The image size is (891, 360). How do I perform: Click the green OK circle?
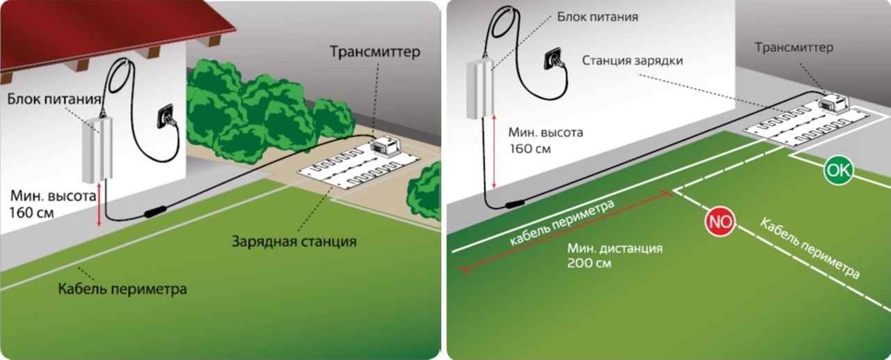point(839,171)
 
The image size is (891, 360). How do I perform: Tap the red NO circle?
point(720,222)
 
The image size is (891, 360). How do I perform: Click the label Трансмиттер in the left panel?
point(374,52)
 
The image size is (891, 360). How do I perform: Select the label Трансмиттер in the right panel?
point(794,47)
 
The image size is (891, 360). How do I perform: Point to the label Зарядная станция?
point(294,242)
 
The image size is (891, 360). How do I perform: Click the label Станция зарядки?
point(633,61)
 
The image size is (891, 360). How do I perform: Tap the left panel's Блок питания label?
point(54,99)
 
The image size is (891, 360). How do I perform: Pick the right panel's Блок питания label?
point(597,17)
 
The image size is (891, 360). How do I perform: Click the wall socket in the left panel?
point(168,117)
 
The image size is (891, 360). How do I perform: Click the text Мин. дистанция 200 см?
point(615,256)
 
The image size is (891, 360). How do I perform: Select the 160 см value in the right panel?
point(530,149)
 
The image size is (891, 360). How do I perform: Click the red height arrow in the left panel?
point(99,205)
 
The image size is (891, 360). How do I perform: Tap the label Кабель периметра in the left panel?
point(123,289)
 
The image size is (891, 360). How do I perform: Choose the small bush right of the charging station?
point(424,192)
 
